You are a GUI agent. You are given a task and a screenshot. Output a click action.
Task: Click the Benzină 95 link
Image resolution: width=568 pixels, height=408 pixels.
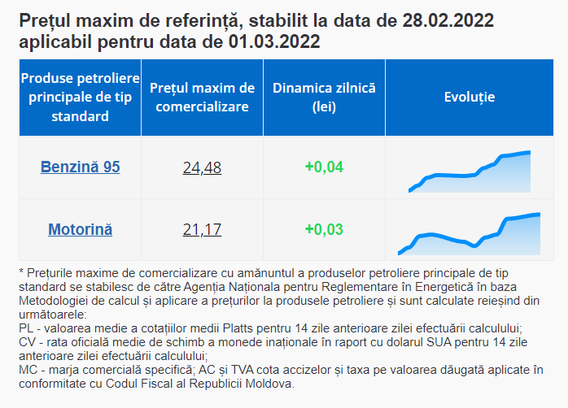pyautogui.click(x=80, y=167)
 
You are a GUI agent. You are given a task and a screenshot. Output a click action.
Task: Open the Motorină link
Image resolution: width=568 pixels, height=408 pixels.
pyautogui.click(x=80, y=229)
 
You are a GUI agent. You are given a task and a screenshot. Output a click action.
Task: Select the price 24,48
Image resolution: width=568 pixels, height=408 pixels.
pyautogui.click(x=202, y=167)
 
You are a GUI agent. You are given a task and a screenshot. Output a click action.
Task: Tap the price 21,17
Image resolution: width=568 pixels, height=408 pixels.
pyautogui.click(x=202, y=230)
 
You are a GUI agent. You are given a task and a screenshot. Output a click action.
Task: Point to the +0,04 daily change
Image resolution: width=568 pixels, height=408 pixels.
pyautogui.click(x=324, y=167)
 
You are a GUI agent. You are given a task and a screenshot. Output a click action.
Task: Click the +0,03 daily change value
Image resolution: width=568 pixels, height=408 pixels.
pyautogui.click(x=324, y=229)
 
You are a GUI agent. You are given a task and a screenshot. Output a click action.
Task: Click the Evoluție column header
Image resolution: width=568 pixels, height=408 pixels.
pyautogui.click(x=470, y=97)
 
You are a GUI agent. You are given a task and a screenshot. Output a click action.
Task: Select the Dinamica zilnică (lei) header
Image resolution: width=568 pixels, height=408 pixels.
pyautogui.click(x=324, y=98)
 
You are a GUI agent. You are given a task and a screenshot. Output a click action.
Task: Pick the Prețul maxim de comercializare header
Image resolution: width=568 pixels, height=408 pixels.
pyautogui.click(x=202, y=98)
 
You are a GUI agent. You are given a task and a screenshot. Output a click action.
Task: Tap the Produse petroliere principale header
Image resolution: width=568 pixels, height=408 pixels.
pyautogui.click(x=80, y=97)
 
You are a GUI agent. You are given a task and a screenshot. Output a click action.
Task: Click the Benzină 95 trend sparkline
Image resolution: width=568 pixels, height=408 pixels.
pyautogui.click(x=470, y=171)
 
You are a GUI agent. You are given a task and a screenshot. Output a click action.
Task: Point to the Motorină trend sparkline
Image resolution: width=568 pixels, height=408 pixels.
pyautogui.click(x=469, y=234)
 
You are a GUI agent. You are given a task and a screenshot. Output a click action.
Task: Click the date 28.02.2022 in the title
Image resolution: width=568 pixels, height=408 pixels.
pyautogui.click(x=448, y=20)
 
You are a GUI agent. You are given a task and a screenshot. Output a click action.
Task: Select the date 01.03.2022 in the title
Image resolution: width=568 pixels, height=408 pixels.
pyautogui.click(x=274, y=41)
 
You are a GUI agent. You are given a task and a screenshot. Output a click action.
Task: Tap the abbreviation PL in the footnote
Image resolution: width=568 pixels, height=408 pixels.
pyautogui.click(x=26, y=328)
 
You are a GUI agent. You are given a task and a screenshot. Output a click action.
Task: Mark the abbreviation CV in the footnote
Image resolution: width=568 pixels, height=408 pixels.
pyautogui.click(x=26, y=342)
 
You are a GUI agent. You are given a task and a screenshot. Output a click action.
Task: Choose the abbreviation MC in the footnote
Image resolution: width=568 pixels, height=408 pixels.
pyautogui.click(x=27, y=370)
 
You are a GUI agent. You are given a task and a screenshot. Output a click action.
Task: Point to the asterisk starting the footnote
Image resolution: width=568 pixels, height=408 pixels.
pyautogui.click(x=21, y=271)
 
